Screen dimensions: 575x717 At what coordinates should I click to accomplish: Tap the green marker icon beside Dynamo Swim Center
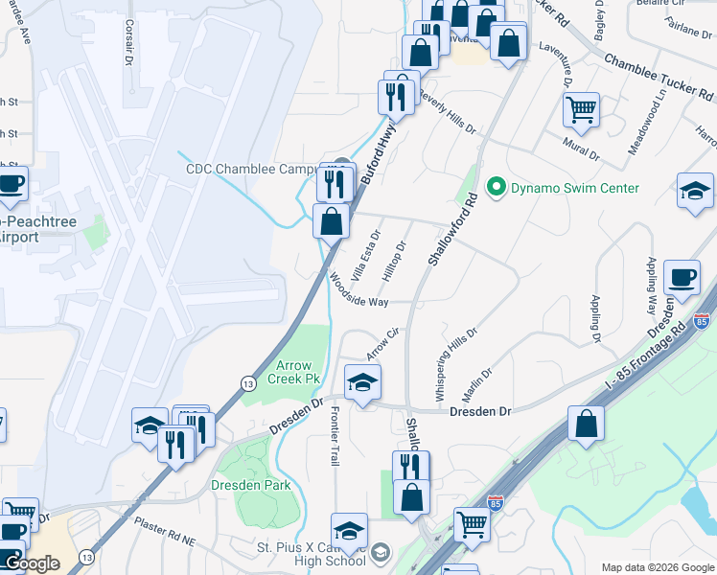496,188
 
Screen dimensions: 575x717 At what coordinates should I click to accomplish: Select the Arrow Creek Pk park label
297,372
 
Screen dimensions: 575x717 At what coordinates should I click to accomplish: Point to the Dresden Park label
250,486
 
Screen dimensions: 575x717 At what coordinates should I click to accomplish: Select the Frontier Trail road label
335,436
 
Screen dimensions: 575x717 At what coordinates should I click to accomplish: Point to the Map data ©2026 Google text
658,567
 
